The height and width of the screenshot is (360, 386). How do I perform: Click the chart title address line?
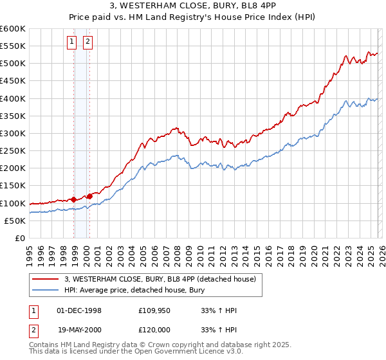(193, 6)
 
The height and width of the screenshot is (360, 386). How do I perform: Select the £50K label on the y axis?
(15, 221)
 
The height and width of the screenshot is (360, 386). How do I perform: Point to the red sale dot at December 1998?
(74, 199)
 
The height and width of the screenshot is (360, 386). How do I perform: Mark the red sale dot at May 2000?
(90, 196)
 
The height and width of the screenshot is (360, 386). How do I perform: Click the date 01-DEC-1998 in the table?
(79, 310)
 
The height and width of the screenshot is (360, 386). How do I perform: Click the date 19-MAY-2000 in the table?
(79, 328)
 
